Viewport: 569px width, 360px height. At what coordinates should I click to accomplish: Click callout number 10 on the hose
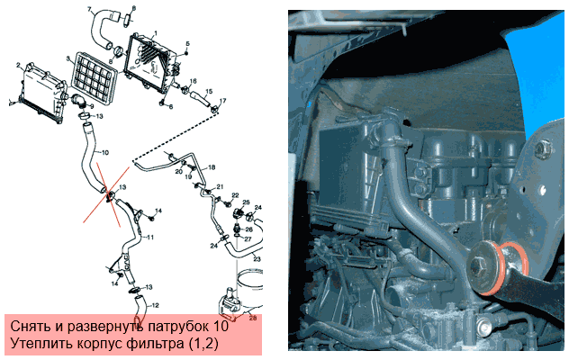click(x=104, y=153)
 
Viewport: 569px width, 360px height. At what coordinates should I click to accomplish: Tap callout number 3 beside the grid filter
click(x=68, y=58)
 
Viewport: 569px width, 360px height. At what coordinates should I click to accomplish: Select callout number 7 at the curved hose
click(x=90, y=9)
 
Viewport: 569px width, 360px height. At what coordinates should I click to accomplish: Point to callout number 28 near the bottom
click(x=253, y=318)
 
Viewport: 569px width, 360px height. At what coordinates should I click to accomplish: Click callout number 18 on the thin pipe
click(x=212, y=167)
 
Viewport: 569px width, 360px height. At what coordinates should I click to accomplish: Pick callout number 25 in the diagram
click(x=247, y=202)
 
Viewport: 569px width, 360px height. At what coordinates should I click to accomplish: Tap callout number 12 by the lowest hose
click(x=155, y=306)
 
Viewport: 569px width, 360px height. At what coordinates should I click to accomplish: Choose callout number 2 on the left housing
click(x=18, y=66)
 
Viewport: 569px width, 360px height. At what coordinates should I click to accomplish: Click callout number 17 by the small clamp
click(x=222, y=101)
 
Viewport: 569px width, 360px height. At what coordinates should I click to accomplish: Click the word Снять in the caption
click(x=31, y=326)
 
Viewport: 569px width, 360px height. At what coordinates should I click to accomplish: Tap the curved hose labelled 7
click(x=102, y=30)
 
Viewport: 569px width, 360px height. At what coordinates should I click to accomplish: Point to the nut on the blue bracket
click(x=541, y=148)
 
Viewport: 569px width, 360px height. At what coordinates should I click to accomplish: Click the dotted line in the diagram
click(x=176, y=137)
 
